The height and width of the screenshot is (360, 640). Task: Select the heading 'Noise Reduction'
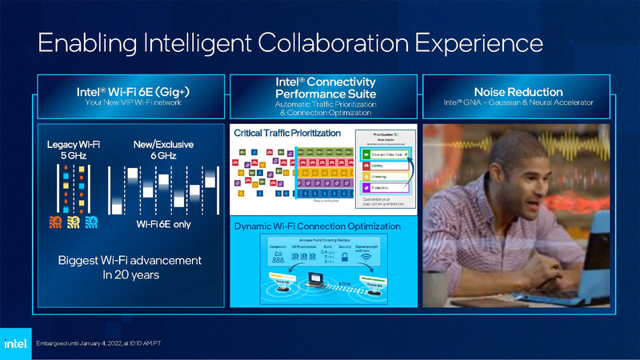pyautogui.click(x=518, y=92)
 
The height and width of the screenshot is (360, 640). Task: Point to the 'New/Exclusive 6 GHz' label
pyautogui.click(x=162, y=150)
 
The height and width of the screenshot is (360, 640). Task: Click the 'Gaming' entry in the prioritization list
pyautogui.click(x=380, y=166)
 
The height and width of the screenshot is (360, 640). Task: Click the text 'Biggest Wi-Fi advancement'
pyautogui.click(x=130, y=261)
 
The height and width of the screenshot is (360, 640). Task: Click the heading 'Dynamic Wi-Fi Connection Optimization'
pyautogui.click(x=317, y=226)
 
